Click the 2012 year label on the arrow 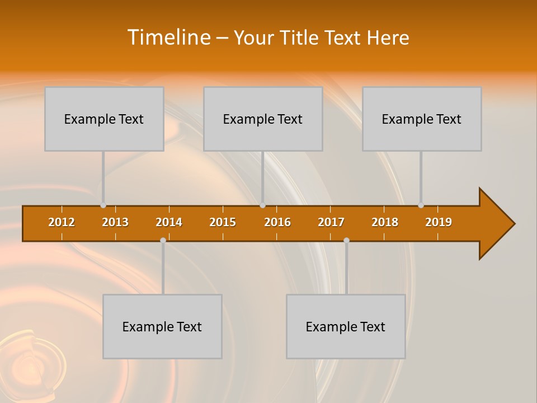(x=62, y=222)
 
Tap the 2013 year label (x=115, y=222)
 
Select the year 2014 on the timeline (x=169, y=222)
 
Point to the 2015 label (x=223, y=222)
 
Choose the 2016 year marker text (x=277, y=222)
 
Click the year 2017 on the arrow (x=331, y=222)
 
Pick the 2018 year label (x=385, y=222)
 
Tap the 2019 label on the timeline (x=439, y=222)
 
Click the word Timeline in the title (x=168, y=38)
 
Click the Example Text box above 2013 (x=104, y=119)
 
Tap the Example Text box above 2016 (x=263, y=119)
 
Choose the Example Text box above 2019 (x=422, y=119)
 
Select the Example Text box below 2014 (x=162, y=326)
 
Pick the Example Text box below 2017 (x=346, y=326)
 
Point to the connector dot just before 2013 (x=103, y=205)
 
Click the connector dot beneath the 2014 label (x=163, y=240)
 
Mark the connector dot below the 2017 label (x=346, y=240)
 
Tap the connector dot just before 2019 (x=421, y=205)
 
